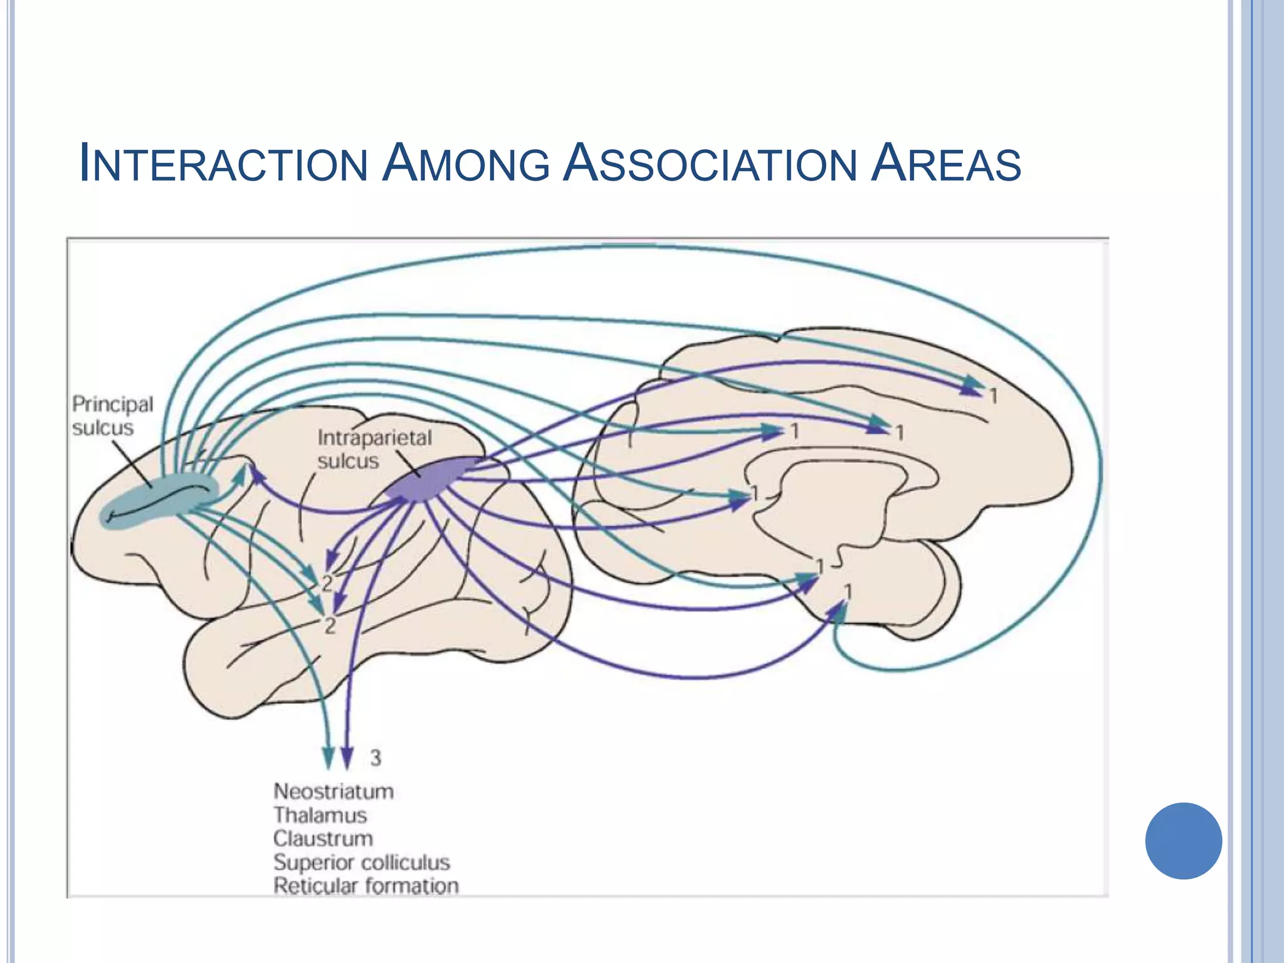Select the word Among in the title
(465, 164)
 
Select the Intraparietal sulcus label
(374, 449)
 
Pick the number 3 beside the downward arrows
(375, 758)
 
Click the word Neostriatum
(334, 791)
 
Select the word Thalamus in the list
(320, 815)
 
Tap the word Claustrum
(323, 838)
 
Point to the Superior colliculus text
(361, 862)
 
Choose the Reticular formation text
(366, 886)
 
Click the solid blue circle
(1183, 841)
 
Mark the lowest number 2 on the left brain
(330, 625)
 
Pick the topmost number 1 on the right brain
(993, 396)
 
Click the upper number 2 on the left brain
(327, 584)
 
